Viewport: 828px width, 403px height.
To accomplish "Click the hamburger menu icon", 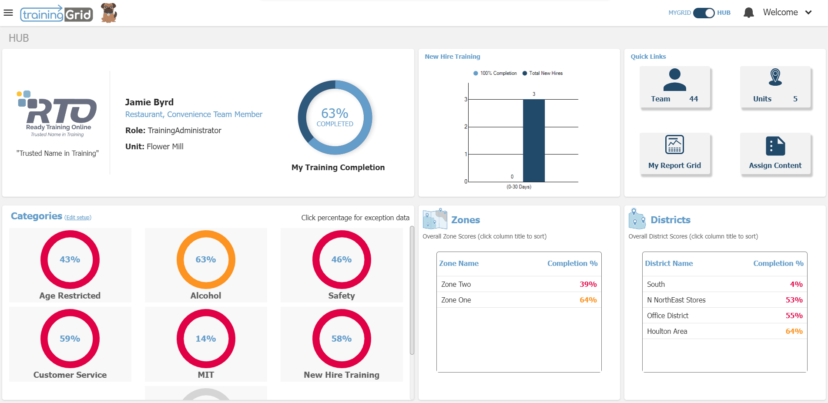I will coord(8,13).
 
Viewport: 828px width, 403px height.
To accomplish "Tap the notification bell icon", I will coord(748,13).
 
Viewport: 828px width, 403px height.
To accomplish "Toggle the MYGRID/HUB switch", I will coord(704,13).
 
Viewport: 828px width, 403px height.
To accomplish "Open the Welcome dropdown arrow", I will coord(808,13).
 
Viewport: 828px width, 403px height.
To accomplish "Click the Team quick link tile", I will coord(674,87).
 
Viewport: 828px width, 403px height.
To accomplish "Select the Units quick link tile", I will coord(775,87).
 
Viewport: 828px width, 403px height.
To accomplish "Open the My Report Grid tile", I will coord(674,154).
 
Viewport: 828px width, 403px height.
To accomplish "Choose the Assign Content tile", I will coord(775,154).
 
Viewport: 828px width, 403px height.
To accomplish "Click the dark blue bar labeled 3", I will coord(533,140).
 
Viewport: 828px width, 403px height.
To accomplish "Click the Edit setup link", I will coord(78,218).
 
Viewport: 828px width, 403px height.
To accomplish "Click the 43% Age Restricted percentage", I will coord(70,259).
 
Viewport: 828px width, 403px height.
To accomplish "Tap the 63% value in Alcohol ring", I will coord(206,259).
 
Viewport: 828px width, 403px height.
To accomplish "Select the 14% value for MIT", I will coord(206,339).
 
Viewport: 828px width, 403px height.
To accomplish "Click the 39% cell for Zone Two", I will coord(588,284).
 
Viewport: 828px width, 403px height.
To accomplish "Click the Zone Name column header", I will coord(459,263).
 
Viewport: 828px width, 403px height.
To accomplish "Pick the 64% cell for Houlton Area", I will coord(794,331).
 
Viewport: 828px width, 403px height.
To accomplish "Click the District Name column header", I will coord(669,263).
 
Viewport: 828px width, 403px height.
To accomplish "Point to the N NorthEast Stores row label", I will coord(676,300).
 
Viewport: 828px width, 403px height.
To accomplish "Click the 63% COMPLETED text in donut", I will coord(335,117).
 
